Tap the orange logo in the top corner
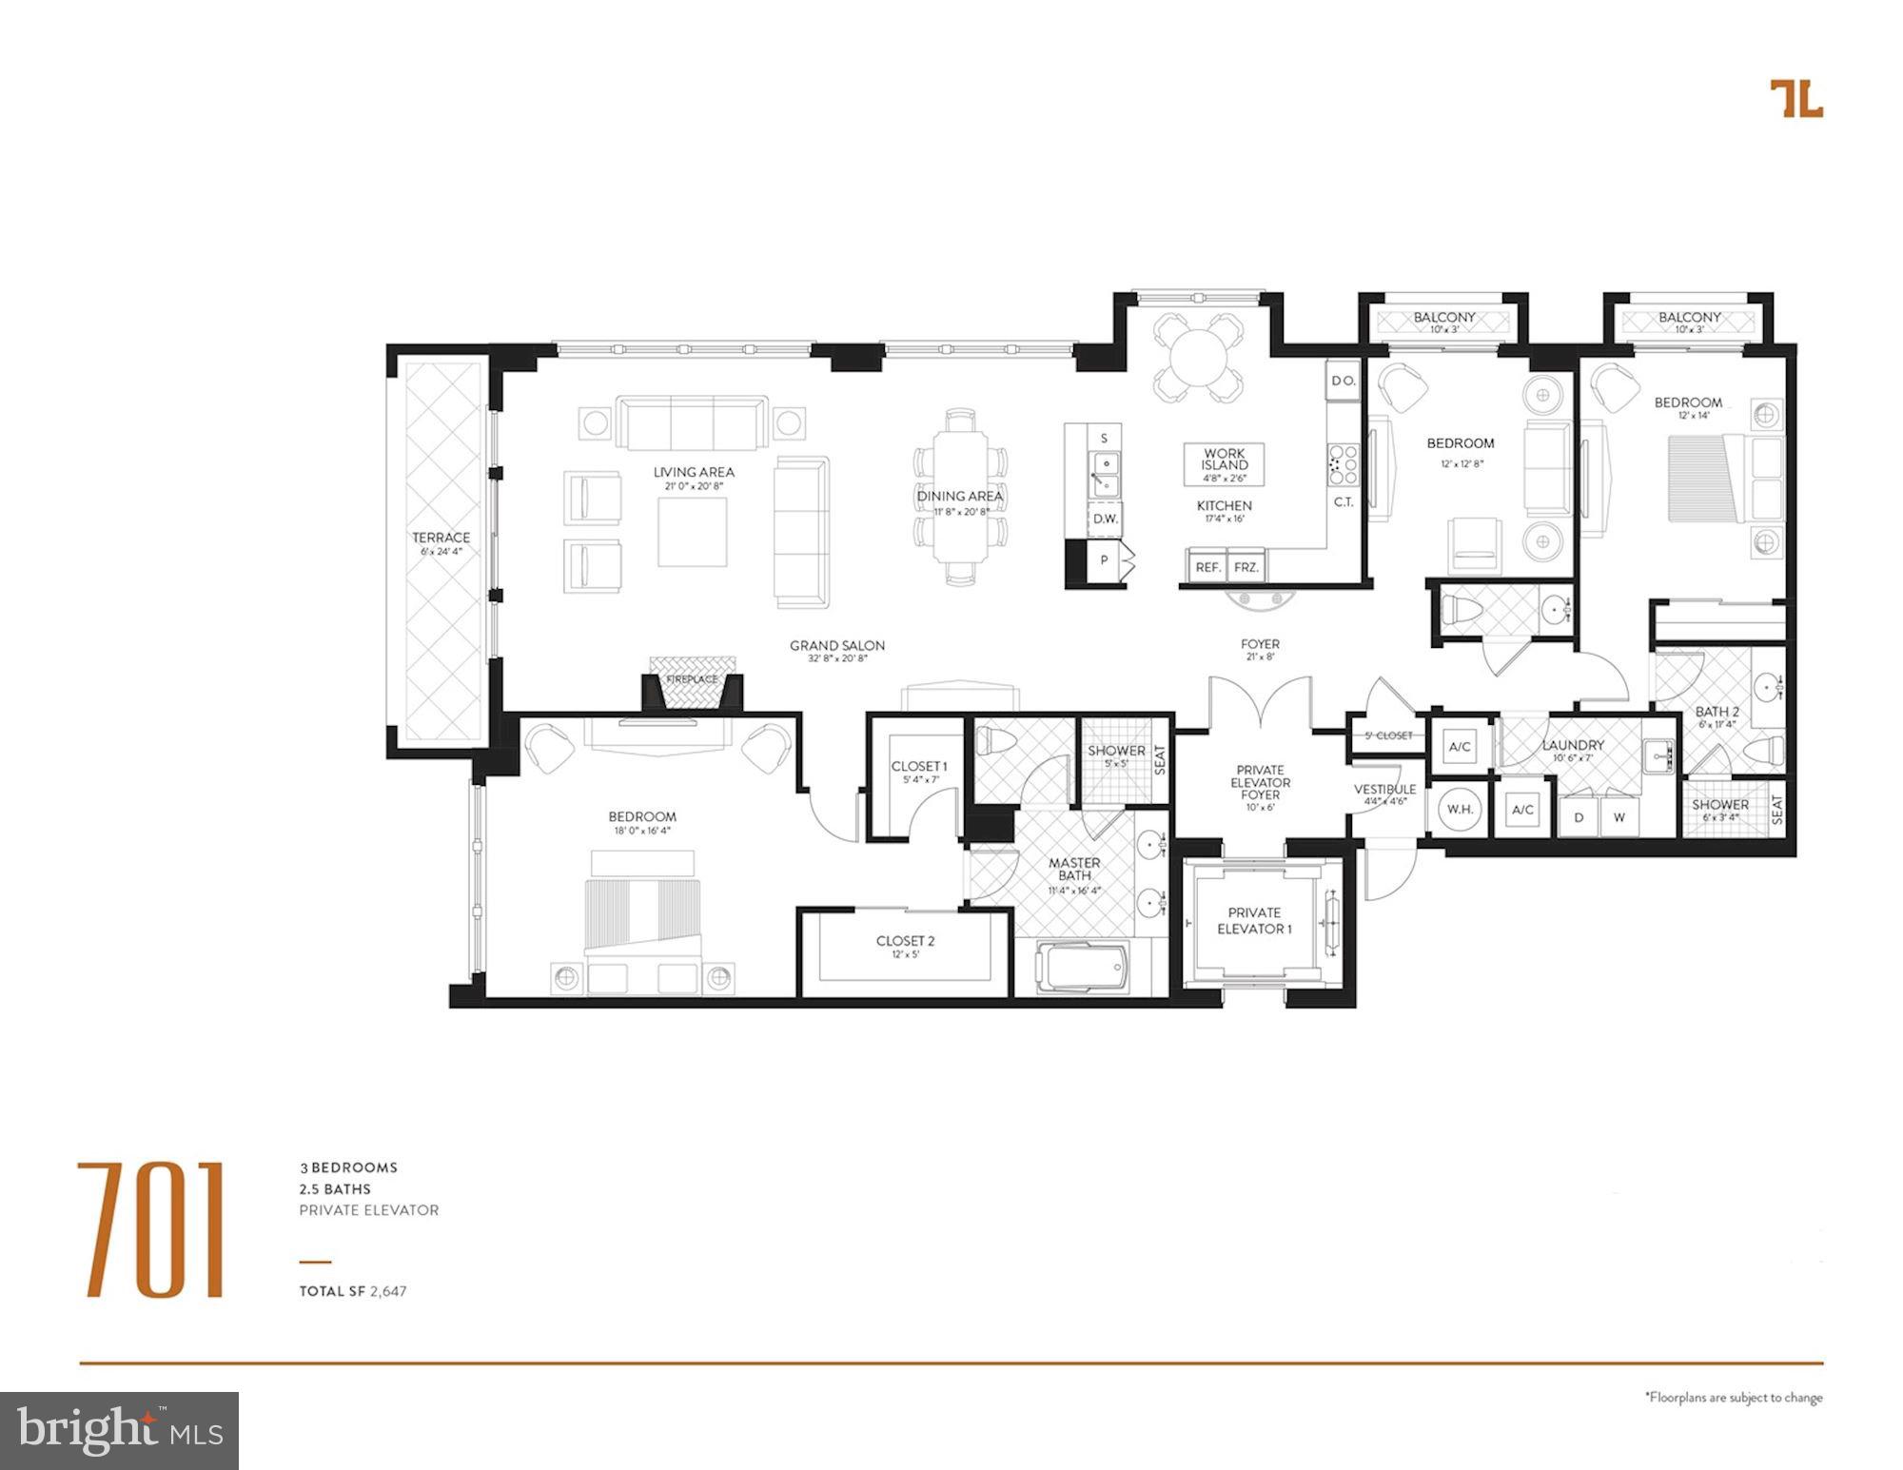pyautogui.click(x=1795, y=98)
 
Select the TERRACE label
pyautogui.click(x=441, y=538)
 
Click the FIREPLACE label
pyautogui.click(x=692, y=679)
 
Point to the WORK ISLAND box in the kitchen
pyautogui.click(x=1224, y=464)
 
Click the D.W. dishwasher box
pyautogui.click(x=1104, y=519)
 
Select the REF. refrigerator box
pyautogui.click(x=1207, y=566)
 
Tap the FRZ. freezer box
pyautogui.click(x=1246, y=566)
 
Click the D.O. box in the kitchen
pyautogui.click(x=1343, y=381)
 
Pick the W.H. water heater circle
pyautogui.click(x=1460, y=809)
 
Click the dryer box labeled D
pyautogui.click(x=1579, y=816)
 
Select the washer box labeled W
pyautogui.click(x=1619, y=816)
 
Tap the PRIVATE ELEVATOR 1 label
pyautogui.click(x=1254, y=920)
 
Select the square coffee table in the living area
pyautogui.click(x=692, y=532)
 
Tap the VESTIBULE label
pyautogui.click(x=1384, y=790)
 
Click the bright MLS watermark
pyautogui.click(x=120, y=1430)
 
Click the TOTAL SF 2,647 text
pyautogui.click(x=353, y=1291)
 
